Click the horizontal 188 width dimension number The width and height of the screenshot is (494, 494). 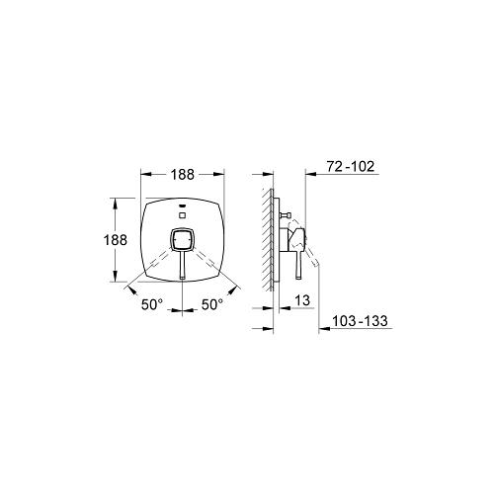point(182,175)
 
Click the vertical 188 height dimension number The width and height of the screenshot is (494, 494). point(116,240)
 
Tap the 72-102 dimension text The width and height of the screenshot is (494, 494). point(351,166)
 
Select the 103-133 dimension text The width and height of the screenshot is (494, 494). point(360,321)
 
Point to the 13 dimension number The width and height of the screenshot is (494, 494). point(302,300)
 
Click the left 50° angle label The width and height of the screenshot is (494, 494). point(152,304)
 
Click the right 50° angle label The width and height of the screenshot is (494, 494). point(212,304)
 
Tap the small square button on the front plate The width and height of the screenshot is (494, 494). point(182,215)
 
